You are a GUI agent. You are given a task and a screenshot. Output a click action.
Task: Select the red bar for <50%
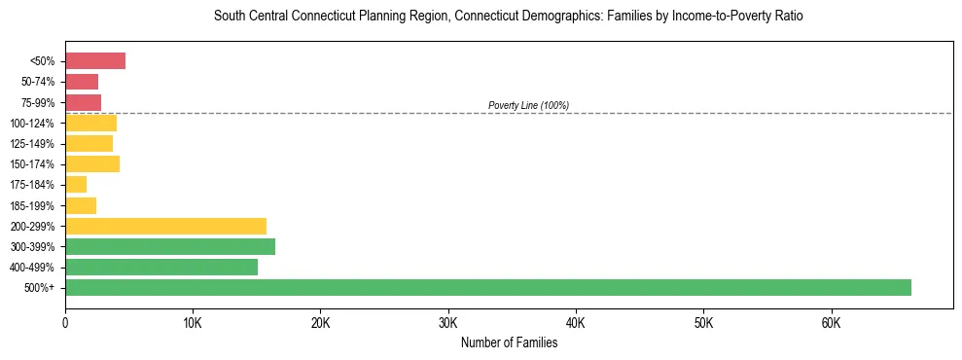click(x=95, y=61)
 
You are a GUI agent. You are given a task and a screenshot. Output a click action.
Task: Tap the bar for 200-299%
click(x=165, y=226)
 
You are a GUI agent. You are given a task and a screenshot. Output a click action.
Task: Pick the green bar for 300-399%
click(x=170, y=246)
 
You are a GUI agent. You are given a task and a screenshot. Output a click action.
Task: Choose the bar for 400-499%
click(x=161, y=267)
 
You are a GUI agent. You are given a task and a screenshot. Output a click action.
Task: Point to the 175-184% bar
click(x=76, y=184)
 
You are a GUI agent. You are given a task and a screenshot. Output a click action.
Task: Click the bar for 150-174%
click(x=92, y=163)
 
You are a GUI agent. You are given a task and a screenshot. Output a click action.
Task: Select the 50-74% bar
click(x=82, y=82)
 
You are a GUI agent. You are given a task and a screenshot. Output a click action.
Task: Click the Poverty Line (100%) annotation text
click(x=528, y=105)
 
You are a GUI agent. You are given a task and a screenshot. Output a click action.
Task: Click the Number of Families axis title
click(x=509, y=342)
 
